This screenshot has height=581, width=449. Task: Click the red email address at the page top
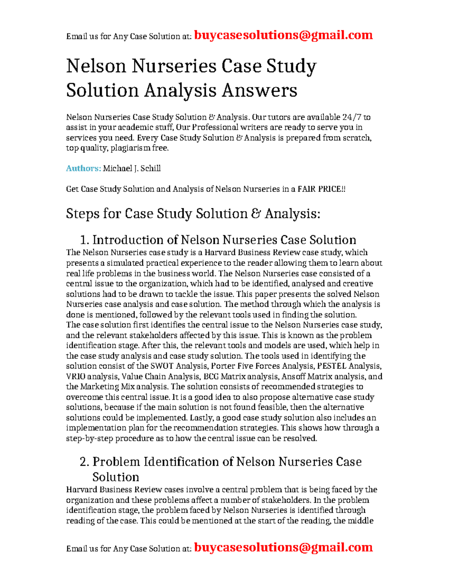click(283, 35)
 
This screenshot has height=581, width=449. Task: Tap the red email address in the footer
click(283, 547)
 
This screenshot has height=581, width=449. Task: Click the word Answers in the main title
click(259, 90)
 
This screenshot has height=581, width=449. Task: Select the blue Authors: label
click(83, 168)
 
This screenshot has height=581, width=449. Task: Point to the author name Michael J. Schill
click(132, 168)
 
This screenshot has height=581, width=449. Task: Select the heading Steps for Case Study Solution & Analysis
click(193, 214)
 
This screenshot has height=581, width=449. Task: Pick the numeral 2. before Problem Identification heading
click(85, 462)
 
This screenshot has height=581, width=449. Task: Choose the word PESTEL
click(332, 366)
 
